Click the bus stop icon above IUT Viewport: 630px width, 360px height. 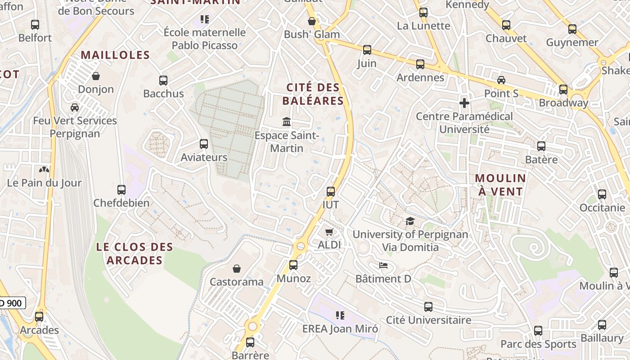pos(331,191)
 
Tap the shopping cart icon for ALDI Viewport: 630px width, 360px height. pos(329,232)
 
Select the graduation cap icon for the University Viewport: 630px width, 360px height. pos(410,221)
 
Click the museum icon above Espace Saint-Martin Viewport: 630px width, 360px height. pos(286,121)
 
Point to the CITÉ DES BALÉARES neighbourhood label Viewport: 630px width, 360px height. pos(313,94)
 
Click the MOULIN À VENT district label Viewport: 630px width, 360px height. pos(500,184)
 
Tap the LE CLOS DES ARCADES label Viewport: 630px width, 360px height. pos(135,253)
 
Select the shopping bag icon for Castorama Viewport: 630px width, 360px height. pos(237,269)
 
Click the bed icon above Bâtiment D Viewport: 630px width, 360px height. pos(383,265)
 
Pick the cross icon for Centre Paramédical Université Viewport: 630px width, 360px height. pos(464,103)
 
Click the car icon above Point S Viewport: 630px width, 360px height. pos(501,80)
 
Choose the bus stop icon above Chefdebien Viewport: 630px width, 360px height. pos(121,189)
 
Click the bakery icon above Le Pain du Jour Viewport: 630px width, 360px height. pos(44,170)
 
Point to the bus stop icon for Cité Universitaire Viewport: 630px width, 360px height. pos(428,307)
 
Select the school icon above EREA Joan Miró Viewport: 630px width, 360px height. pos(340,315)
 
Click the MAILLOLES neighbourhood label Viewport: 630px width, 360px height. pos(115,55)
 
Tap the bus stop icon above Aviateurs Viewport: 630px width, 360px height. pos(204,144)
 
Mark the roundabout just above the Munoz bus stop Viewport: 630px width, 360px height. pos(300,246)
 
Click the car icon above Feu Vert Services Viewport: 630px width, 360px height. pos(75,108)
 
